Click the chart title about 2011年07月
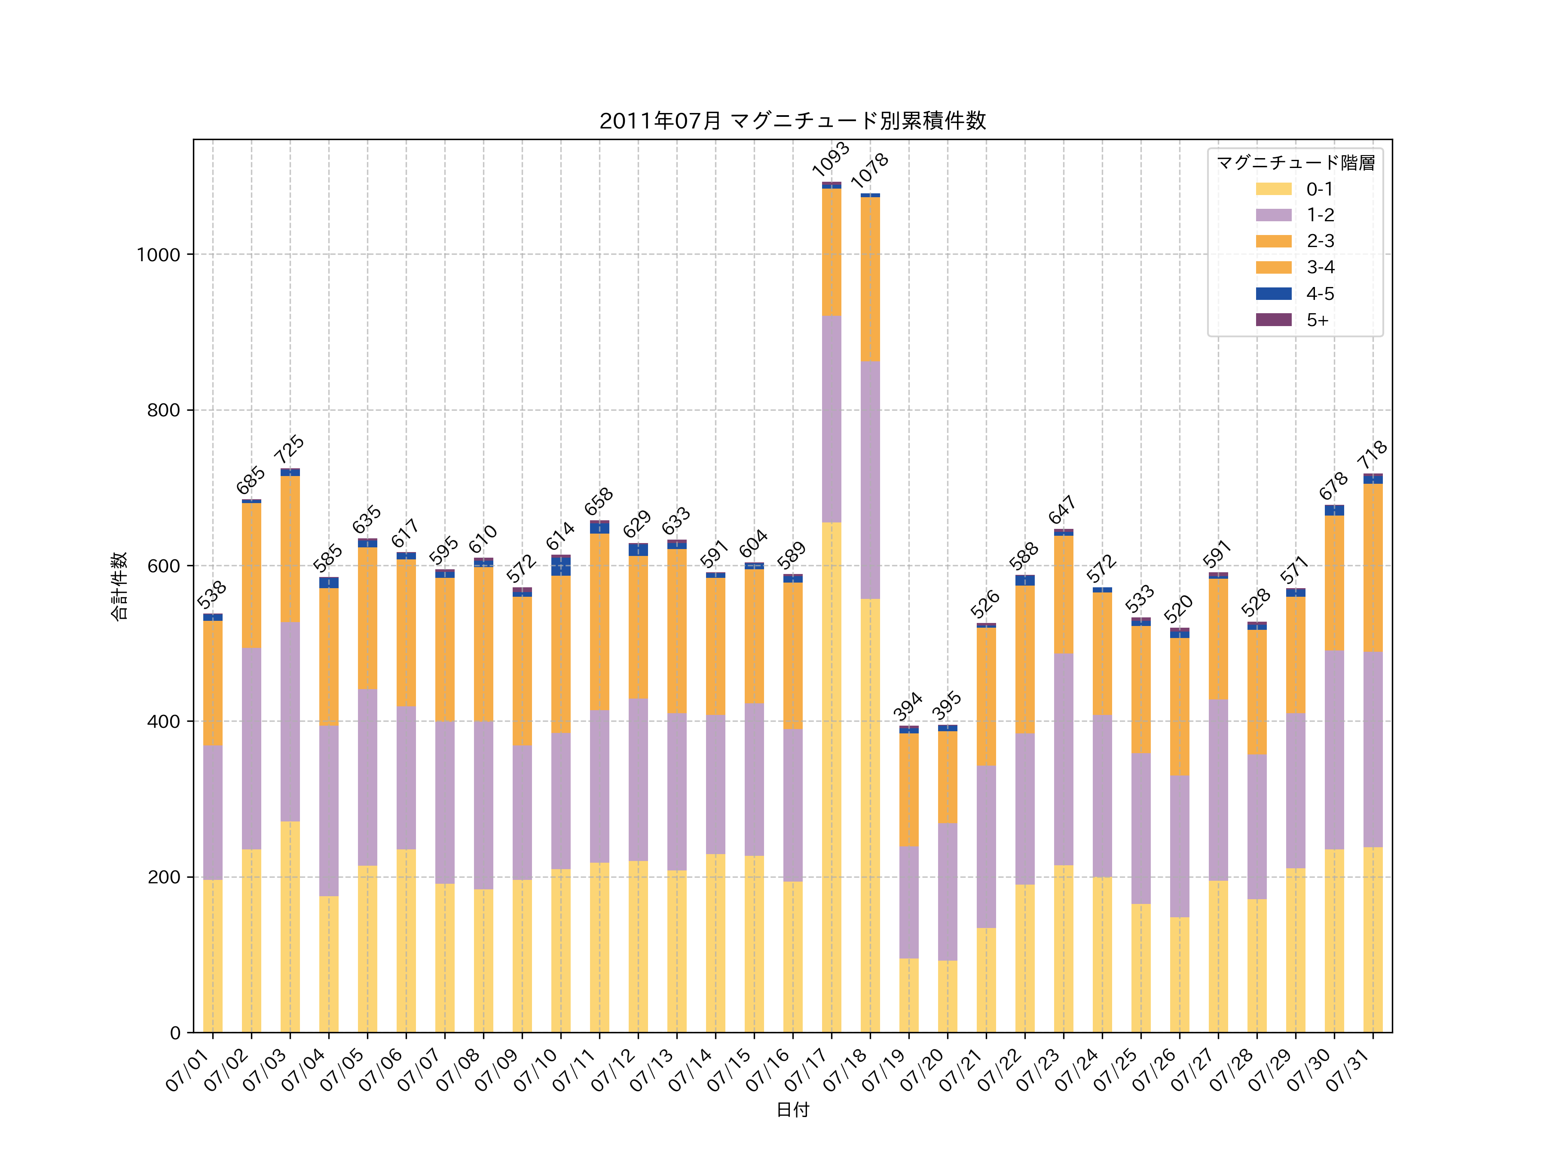coord(792,121)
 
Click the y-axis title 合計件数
coord(119,586)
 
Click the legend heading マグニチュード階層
coord(1295,163)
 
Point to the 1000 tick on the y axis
coord(159,254)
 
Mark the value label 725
coord(289,449)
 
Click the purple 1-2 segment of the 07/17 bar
coord(832,419)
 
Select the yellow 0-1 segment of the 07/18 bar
coord(870,815)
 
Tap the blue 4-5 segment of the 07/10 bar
coord(561,566)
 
